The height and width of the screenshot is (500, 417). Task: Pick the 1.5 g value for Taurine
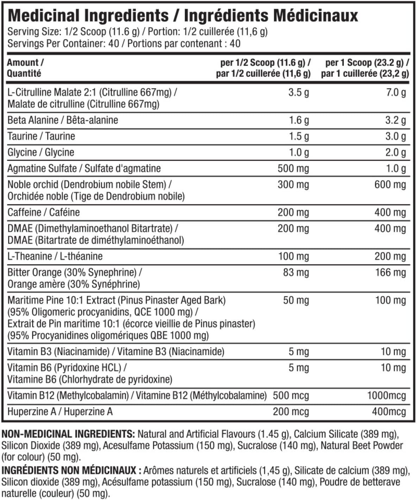(x=299, y=137)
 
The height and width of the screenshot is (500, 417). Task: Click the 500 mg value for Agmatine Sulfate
(x=293, y=168)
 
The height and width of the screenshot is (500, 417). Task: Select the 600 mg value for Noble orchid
(x=390, y=185)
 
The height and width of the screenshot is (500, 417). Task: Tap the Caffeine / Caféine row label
(x=44, y=212)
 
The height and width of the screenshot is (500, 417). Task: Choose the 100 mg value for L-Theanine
(x=293, y=256)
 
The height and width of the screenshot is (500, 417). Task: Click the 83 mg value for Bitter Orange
(x=296, y=273)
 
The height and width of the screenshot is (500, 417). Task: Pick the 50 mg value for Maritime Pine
(x=296, y=301)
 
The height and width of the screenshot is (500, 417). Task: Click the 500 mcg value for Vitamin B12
(x=291, y=396)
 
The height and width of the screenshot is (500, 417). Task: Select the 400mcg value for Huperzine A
(x=389, y=412)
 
